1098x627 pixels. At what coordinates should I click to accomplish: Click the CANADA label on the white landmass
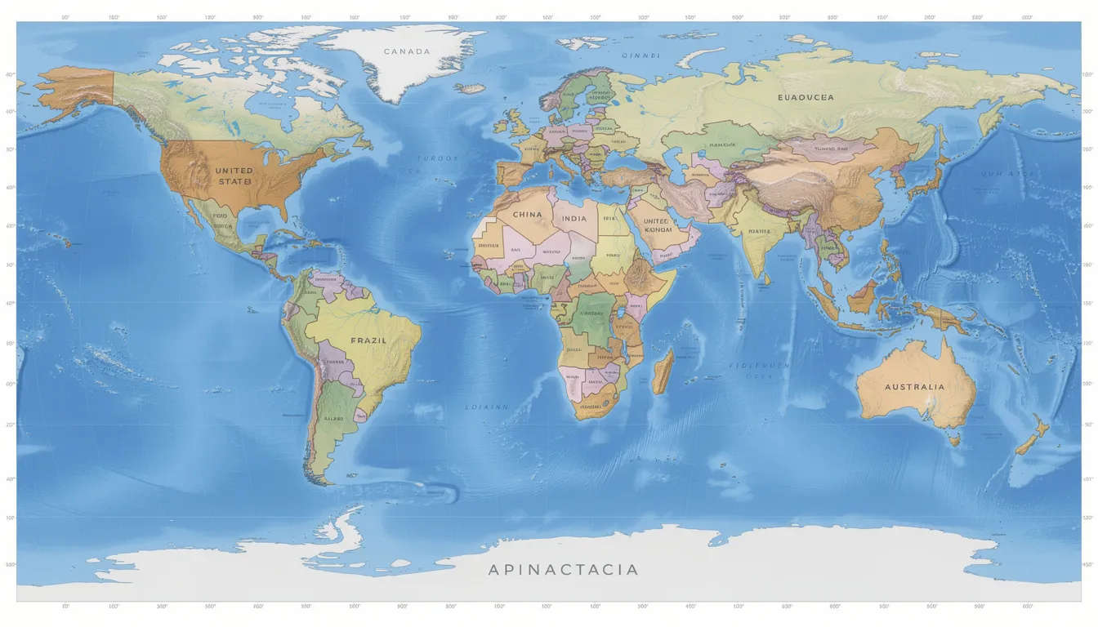pyautogui.click(x=406, y=51)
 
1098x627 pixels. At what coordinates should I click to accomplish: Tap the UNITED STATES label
pyautogui.click(x=234, y=176)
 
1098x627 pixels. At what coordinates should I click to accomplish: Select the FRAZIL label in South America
pyautogui.click(x=368, y=340)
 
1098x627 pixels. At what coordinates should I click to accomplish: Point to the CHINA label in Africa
pyautogui.click(x=527, y=215)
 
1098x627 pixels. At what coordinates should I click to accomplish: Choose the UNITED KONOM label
pyautogui.click(x=657, y=225)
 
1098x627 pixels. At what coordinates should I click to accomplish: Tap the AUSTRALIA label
pyautogui.click(x=914, y=387)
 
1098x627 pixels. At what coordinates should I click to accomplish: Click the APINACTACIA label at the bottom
pyautogui.click(x=563, y=570)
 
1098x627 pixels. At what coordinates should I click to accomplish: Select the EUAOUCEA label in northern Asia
pyautogui.click(x=806, y=97)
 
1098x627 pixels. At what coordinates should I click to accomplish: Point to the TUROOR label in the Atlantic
pyautogui.click(x=438, y=158)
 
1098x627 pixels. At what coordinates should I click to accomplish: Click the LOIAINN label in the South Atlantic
pyautogui.click(x=487, y=407)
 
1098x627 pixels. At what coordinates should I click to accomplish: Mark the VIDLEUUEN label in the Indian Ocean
pyautogui.click(x=760, y=367)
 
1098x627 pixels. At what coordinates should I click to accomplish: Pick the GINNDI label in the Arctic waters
pyautogui.click(x=640, y=56)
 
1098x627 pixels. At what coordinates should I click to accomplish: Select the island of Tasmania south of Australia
pyautogui.click(x=953, y=439)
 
